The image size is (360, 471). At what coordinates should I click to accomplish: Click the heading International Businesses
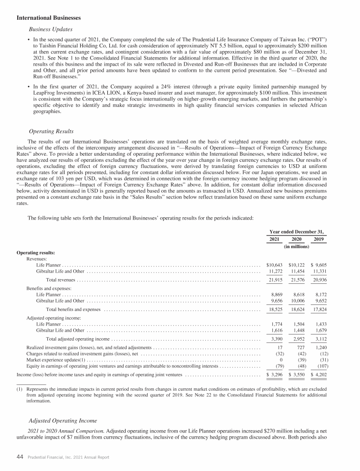49,18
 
